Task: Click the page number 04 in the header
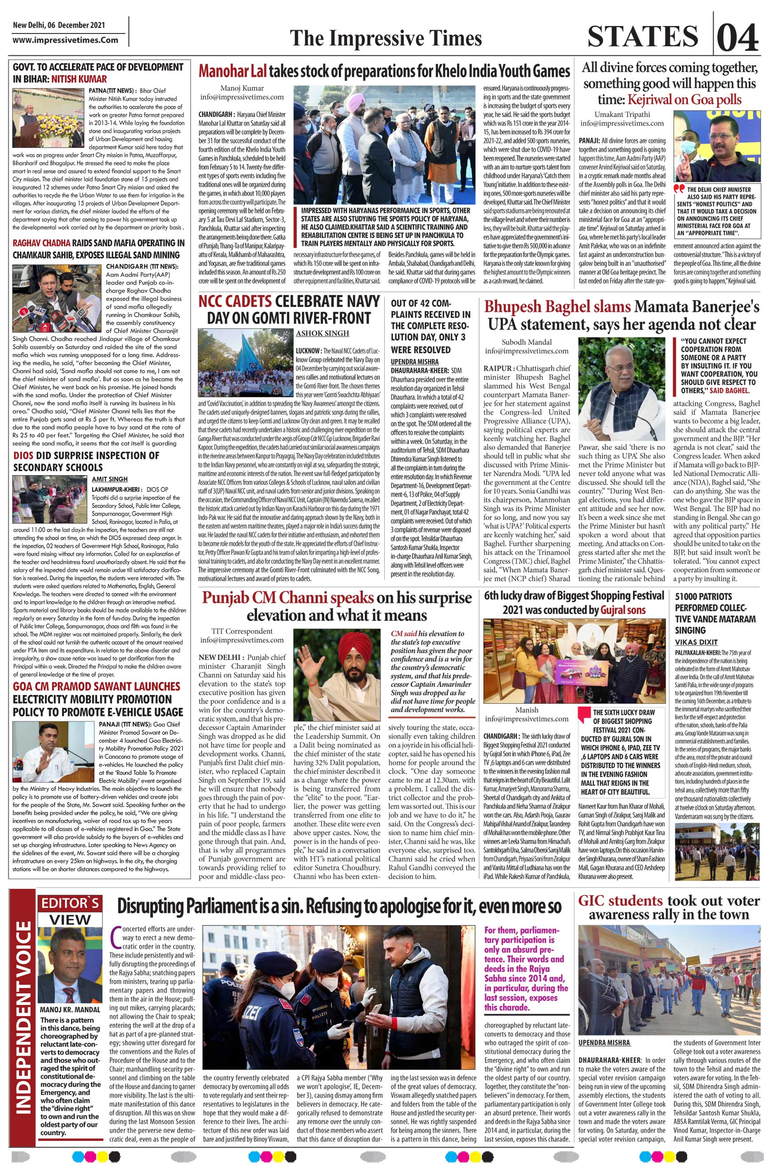pyautogui.click(x=738, y=37)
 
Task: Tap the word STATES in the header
pyautogui.click(x=642, y=37)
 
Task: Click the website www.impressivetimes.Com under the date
pyautogui.click(x=65, y=40)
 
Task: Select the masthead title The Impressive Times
pyautogui.click(x=386, y=38)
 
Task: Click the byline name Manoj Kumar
pyautogui.click(x=242, y=88)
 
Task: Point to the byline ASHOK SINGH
pyautogui.click(x=322, y=333)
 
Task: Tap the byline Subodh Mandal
pyautogui.click(x=526, y=342)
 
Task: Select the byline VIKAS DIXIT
pyautogui.click(x=696, y=642)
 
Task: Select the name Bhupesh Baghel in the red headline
pyautogui.click(x=557, y=306)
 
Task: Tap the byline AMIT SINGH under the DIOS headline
pyautogui.click(x=109, y=479)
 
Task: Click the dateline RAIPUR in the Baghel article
pyautogui.click(x=497, y=368)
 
